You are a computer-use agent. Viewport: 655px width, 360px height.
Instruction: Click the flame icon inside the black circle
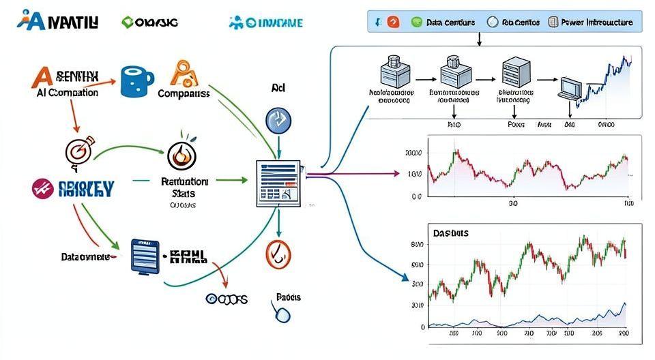click(182, 155)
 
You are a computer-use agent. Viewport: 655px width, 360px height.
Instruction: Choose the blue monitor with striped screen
click(145, 256)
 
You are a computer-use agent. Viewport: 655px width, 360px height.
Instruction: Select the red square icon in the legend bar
click(394, 22)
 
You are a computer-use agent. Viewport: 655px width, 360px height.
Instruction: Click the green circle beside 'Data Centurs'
click(417, 22)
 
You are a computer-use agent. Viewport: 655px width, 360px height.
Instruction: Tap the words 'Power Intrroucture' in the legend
click(596, 22)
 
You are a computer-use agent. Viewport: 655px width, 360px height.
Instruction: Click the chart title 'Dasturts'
click(450, 233)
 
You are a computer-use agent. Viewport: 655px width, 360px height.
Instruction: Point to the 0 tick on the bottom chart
click(423, 327)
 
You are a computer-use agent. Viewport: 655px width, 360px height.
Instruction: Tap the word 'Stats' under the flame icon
click(184, 194)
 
